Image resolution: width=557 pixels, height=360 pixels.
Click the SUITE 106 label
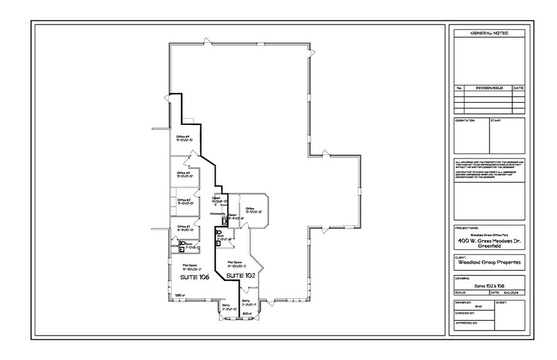click(x=194, y=277)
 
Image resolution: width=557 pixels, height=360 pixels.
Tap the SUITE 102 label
click(x=240, y=276)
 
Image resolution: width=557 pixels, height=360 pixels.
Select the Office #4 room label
click(x=184, y=137)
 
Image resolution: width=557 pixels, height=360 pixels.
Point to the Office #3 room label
click(x=184, y=173)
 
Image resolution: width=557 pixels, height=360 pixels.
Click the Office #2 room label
click(x=184, y=200)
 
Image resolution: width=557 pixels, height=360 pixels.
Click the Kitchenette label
click(x=218, y=214)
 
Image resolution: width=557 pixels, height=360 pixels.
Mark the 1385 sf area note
click(x=179, y=296)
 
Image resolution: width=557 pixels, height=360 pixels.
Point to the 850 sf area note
click(x=246, y=313)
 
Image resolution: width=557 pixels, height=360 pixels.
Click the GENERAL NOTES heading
click(x=488, y=33)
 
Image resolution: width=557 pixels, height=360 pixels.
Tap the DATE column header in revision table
click(x=518, y=88)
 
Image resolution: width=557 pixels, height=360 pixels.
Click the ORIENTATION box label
click(x=464, y=121)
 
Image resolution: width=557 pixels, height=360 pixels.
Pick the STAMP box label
click(x=495, y=121)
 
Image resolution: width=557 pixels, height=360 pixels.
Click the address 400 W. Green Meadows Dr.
click(x=488, y=241)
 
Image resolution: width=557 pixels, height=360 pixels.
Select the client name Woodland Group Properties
click(x=488, y=263)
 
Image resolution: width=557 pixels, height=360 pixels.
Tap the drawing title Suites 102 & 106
click(x=488, y=286)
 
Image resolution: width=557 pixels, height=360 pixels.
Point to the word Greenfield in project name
click(x=488, y=247)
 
